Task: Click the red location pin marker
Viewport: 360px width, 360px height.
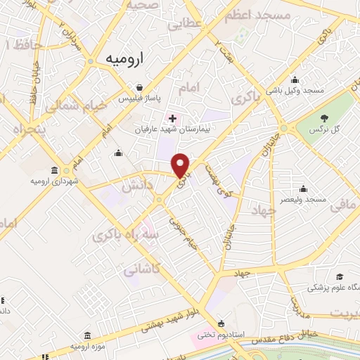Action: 181,165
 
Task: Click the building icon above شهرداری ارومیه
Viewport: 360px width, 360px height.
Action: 55,169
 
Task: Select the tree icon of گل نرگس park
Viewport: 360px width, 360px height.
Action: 324,119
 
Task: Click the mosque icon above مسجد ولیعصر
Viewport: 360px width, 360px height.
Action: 303,188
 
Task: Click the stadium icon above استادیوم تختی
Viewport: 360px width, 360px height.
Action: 222,324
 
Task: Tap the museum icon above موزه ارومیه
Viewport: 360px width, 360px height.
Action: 86,336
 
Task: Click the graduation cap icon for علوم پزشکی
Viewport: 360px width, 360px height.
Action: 340,276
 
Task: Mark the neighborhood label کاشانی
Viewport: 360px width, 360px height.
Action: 141,269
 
